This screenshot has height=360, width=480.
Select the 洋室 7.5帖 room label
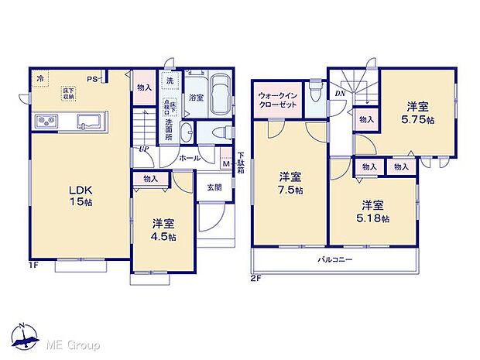[290, 184]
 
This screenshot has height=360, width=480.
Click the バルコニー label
[334, 259]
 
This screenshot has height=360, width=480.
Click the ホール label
[190, 158]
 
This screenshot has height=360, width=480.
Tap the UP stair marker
[144, 149]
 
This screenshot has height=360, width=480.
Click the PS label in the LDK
[91, 78]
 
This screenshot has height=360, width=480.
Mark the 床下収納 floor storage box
[69, 93]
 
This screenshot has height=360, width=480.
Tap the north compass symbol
[25, 334]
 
